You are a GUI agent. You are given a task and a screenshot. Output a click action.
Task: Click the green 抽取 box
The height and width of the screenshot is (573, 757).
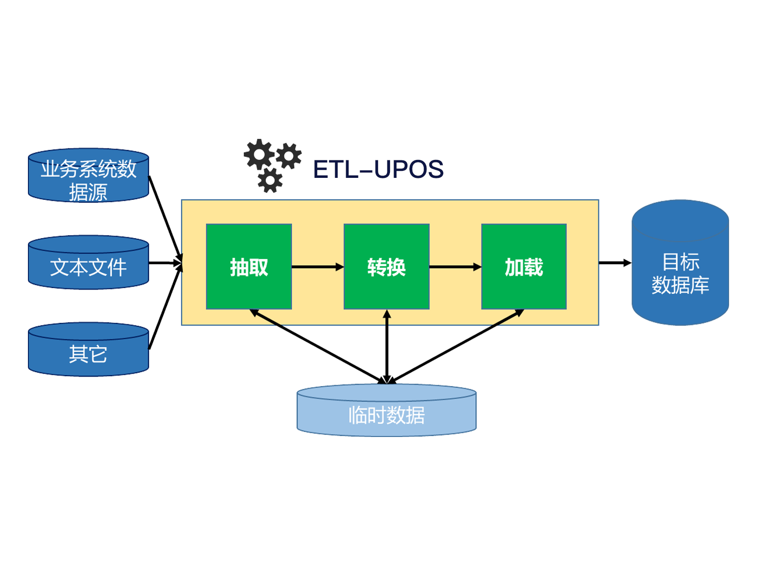click(x=249, y=267)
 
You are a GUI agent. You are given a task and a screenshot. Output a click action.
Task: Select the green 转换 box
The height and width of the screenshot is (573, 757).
click(x=386, y=267)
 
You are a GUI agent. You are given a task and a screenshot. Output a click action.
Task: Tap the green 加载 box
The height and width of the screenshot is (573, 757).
click(x=524, y=267)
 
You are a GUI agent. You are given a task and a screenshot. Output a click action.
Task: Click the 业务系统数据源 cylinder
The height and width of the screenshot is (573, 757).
click(x=88, y=175)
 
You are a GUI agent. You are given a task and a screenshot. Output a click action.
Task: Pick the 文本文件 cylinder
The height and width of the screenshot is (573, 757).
click(x=88, y=263)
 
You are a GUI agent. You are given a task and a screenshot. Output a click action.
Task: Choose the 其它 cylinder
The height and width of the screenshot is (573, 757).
click(x=88, y=350)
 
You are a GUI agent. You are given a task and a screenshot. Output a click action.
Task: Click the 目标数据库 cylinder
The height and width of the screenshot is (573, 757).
click(x=680, y=269)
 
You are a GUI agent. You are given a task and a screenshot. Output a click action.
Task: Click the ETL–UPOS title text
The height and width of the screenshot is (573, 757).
click(x=378, y=169)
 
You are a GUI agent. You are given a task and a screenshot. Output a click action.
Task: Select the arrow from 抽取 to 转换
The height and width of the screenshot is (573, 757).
click(x=317, y=267)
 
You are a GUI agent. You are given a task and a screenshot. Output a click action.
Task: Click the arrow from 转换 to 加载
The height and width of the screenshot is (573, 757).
click(x=455, y=267)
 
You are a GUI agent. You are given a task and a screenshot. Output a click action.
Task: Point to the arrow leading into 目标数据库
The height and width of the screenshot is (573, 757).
click(x=614, y=263)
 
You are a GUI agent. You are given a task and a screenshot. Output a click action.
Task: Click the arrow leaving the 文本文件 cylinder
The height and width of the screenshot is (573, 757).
click(x=165, y=263)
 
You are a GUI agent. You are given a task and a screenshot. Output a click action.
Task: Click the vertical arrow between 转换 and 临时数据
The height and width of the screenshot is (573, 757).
click(x=387, y=346)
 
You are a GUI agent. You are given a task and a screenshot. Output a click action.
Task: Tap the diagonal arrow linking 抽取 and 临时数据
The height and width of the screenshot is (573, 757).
click(x=318, y=346)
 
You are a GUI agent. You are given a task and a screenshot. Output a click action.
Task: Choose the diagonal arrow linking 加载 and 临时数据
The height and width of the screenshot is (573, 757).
click(x=455, y=346)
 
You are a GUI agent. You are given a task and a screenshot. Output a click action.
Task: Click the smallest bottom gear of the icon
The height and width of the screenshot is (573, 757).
click(x=270, y=180)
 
